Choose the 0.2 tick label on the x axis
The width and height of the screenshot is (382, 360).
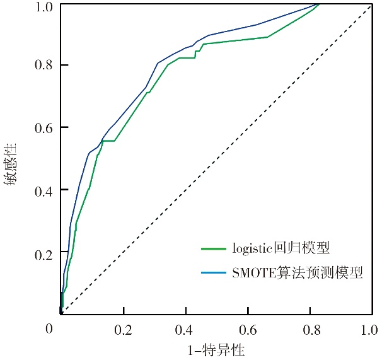pyautogui.click(x=124, y=329)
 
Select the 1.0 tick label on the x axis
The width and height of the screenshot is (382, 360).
pyautogui.click(x=369, y=329)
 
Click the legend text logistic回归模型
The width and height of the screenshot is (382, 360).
pyautogui.click(x=276, y=247)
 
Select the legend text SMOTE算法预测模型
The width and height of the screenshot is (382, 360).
pyautogui.click(x=297, y=272)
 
